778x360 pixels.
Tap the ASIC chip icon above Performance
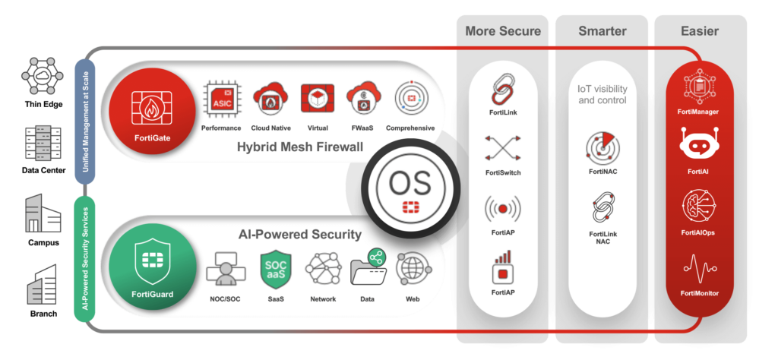[x=220, y=101]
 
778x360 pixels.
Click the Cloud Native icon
[x=267, y=101]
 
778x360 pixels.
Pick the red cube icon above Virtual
[x=318, y=100]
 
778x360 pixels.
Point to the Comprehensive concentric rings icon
[x=410, y=100]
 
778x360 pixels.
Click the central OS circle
[x=410, y=187]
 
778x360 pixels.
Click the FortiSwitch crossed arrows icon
[x=502, y=148]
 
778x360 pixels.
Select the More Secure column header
[x=503, y=31]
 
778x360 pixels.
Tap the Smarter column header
[x=602, y=31]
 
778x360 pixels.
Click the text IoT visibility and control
[x=602, y=94]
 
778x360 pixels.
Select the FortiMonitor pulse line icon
[x=697, y=269]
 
